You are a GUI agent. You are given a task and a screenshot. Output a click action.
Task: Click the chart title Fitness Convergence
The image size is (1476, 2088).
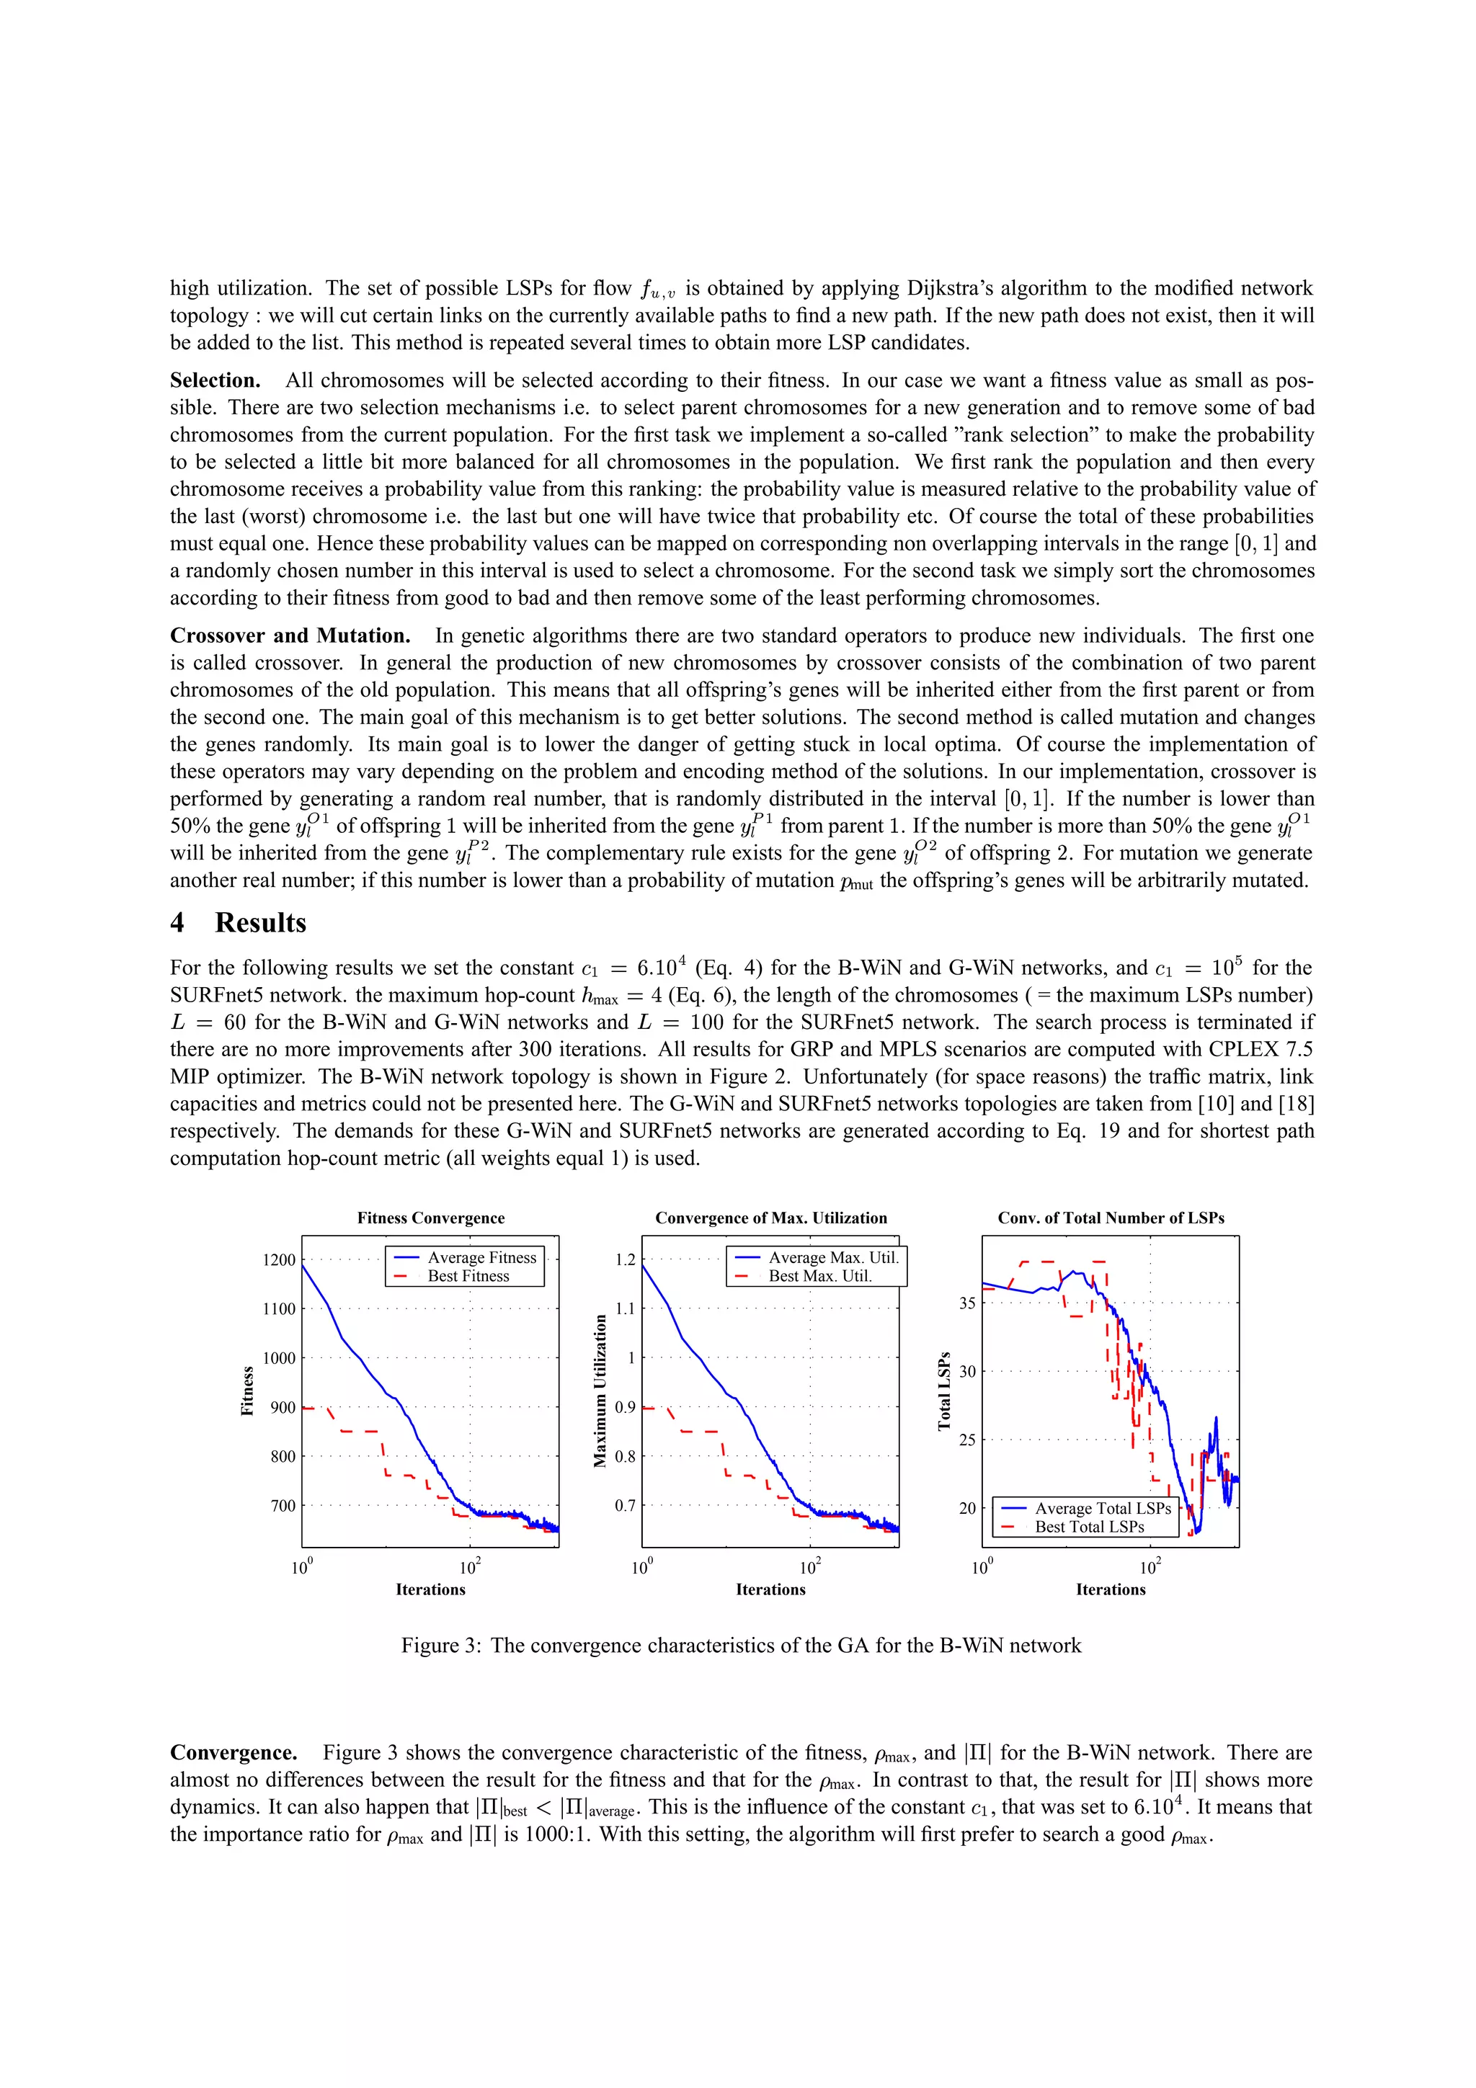(x=430, y=1218)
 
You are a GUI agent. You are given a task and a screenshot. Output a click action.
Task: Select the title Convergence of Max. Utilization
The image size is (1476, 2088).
(x=770, y=1218)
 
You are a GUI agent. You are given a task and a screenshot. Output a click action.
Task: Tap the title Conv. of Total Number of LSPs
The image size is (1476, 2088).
(x=1111, y=1218)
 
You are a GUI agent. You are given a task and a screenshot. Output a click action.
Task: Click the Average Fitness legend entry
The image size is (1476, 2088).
(x=481, y=1258)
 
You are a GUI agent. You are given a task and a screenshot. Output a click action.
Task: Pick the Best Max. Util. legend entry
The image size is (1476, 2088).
(x=819, y=1276)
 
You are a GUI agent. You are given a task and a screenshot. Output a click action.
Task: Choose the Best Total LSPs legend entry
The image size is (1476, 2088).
(x=1088, y=1527)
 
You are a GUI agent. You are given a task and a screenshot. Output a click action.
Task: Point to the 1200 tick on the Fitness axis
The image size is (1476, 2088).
(x=279, y=1260)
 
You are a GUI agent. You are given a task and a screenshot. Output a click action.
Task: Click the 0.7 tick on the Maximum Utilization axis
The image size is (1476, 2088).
(x=625, y=1506)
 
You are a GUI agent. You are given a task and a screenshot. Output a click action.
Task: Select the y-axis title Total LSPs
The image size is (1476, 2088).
(x=944, y=1391)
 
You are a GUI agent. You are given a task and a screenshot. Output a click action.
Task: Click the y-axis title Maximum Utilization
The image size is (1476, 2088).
(x=600, y=1391)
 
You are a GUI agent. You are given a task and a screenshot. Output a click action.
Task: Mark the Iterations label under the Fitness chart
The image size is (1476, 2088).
(x=430, y=1589)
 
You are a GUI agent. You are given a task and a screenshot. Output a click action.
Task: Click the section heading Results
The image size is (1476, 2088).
(x=260, y=922)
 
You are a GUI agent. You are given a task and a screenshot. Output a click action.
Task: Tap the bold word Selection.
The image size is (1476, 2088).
(x=215, y=380)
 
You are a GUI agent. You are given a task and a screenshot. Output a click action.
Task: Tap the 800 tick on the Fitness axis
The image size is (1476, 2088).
(x=283, y=1457)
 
